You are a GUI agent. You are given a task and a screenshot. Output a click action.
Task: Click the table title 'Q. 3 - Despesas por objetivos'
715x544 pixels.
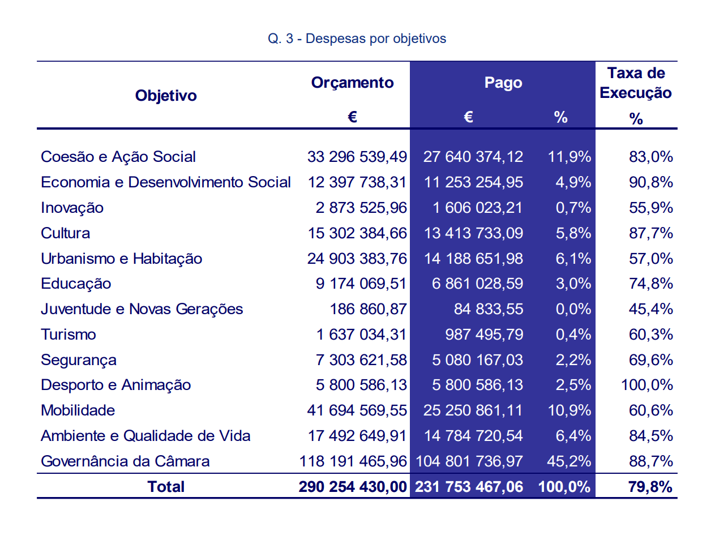click(357, 38)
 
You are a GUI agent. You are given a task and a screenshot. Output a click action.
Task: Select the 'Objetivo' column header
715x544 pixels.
click(166, 96)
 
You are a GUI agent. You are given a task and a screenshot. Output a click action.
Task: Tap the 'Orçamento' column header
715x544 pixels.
click(352, 83)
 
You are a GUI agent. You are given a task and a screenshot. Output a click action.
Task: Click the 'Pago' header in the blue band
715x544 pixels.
click(503, 83)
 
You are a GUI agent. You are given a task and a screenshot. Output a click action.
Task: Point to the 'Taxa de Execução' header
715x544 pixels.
click(636, 83)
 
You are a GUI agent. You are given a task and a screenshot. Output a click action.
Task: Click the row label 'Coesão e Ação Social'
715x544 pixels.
click(118, 157)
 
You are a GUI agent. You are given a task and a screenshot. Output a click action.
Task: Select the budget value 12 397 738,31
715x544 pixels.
click(357, 182)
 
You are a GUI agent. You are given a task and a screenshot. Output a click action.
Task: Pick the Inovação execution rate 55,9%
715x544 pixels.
click(650, 208)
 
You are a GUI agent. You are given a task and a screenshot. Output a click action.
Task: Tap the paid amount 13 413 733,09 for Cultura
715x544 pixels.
click(473, 233)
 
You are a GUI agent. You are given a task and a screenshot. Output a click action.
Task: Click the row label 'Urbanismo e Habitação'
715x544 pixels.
click(121, 259)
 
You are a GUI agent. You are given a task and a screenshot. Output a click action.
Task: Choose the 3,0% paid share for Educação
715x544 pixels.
click(573, 284)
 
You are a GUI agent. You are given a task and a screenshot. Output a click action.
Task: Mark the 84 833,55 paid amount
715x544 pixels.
click(488, 309)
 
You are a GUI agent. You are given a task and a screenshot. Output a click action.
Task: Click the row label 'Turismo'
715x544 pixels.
click(68, 335)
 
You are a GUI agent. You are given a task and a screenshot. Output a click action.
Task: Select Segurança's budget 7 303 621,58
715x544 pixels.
click(361, 360)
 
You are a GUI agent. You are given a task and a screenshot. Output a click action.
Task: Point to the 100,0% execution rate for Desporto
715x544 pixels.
click(647, 385)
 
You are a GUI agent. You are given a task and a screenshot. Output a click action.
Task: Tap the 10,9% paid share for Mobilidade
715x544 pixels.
click(569, 410)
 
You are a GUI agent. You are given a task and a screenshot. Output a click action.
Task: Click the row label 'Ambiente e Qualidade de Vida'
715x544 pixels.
click(145, 436)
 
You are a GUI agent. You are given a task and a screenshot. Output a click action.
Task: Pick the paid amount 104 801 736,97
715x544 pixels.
click(469, 461)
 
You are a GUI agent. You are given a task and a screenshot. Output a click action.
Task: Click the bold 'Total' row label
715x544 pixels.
click(166, 487)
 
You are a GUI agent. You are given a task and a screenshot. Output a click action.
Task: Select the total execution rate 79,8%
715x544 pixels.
click(650, 487)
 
